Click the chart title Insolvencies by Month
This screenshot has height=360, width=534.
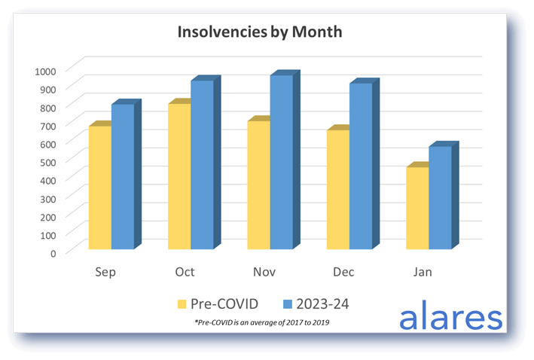(x=260, y=32)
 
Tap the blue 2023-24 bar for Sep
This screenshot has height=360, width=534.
(x=123, y=176)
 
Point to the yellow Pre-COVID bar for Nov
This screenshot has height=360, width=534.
(x=258, y=185)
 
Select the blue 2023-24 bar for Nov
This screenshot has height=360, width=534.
(x=282, y=162)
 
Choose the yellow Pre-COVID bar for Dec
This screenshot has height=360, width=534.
(x=337, y=189)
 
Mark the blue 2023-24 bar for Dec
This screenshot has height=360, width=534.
(x=361, y=166)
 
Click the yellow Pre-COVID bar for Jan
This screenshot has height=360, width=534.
(x=417, y=208)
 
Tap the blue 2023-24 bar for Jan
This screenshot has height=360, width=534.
(x=440, y=197)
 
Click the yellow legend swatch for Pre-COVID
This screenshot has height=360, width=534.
(x=182, y=304)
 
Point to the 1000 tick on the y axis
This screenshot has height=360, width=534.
(x=45, y=71)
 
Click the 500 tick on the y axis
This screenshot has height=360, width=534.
(x=47, y=161)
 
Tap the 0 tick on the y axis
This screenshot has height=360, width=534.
(x=53, y=252)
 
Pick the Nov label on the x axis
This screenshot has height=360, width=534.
(x=264, y=272)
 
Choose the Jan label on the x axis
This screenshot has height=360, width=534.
(x=423, y=272)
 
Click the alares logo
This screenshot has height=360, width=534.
(x=450, y=316)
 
